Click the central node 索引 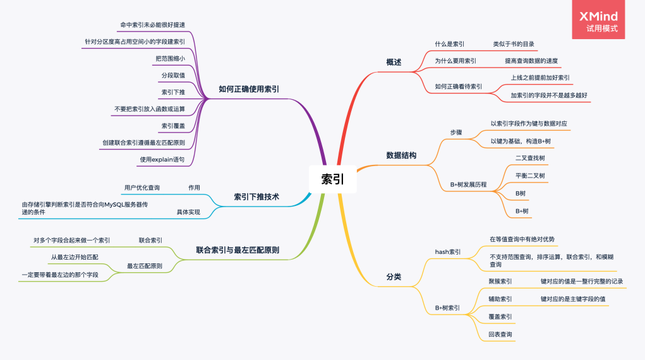pyautogui.click(x=333, y=179)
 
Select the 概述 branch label pyautogui.click(x=394, y=63)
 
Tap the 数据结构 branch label pyautogui.click(x=401, y=155)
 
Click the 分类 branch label pyautogui.click(x=394, y=277)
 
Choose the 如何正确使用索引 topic pyautogui.click(x=249, y=89)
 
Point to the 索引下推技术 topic pyautogui.click(x=256, y=197)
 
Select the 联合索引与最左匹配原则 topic pyautogui.click(x=238, y=251)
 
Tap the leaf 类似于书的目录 pyautogui.click(x=514, y=44)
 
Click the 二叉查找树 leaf pyautogui.click(x=530, y=157)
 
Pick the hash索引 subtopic pyautogui.click(x=448, y=251)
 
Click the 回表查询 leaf pyautogui.click(x=500, y=334)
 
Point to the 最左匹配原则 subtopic pyautogui.click(x=145, y=267)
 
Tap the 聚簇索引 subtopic pyautogui.click(x=500, y=281)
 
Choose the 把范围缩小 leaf pyautogui.click(x=170, y=59)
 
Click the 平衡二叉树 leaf pyautogui.click(x=530, y=176)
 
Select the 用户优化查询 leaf pyautogui.click(x=142, y=188)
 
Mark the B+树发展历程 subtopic pyautogui.click(x=468, y=184)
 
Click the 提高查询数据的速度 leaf pyautogui.click(x=531, y=61)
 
